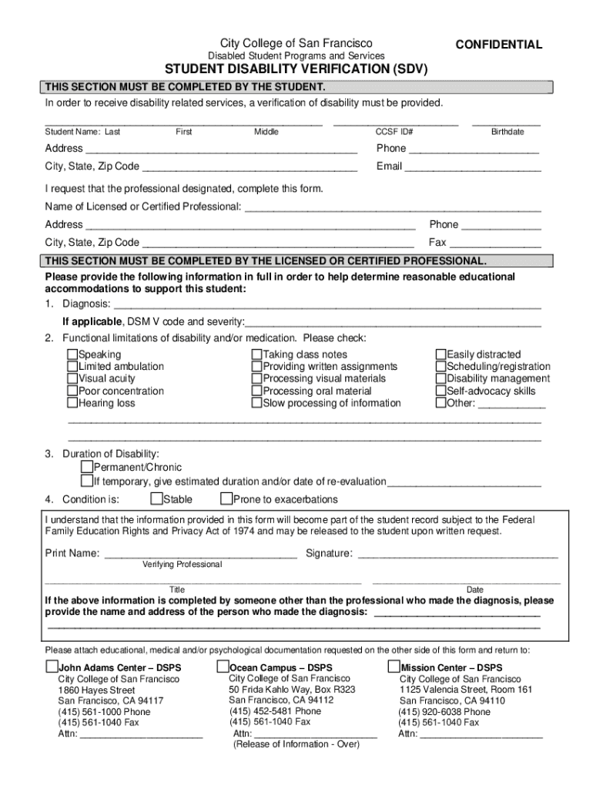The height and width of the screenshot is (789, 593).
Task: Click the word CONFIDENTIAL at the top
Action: pyautogui.click(x=498, y=45)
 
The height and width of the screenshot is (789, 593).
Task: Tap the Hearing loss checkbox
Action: pyautogui.click(x=72, y=403)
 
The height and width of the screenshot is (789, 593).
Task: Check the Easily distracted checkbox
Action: pyautogui.click(x=441, y=354)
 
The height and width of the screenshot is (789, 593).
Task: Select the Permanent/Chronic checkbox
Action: pyautogui.click(x=87, y=468)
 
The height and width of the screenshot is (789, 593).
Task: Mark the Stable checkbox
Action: pyautogui.click(x=156, y=499)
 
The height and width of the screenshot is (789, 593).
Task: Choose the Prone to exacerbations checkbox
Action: pyautogui.click(x=226, y=499)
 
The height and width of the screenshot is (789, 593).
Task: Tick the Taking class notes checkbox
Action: pyautogui.click(x=257, y=354)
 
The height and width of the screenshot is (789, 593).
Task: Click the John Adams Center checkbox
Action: pyautogui.click(x=52, y=666)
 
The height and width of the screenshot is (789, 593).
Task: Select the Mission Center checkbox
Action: pyautogui.click(x=394, y=666)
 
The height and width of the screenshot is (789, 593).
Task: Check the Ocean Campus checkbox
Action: pyautogui.click(x=223, y=666)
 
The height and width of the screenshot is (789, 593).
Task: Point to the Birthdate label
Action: pyautogui.click(x=508, y=132)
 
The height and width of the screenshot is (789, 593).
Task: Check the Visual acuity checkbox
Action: pyautogui.click(x=72, y=379)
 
